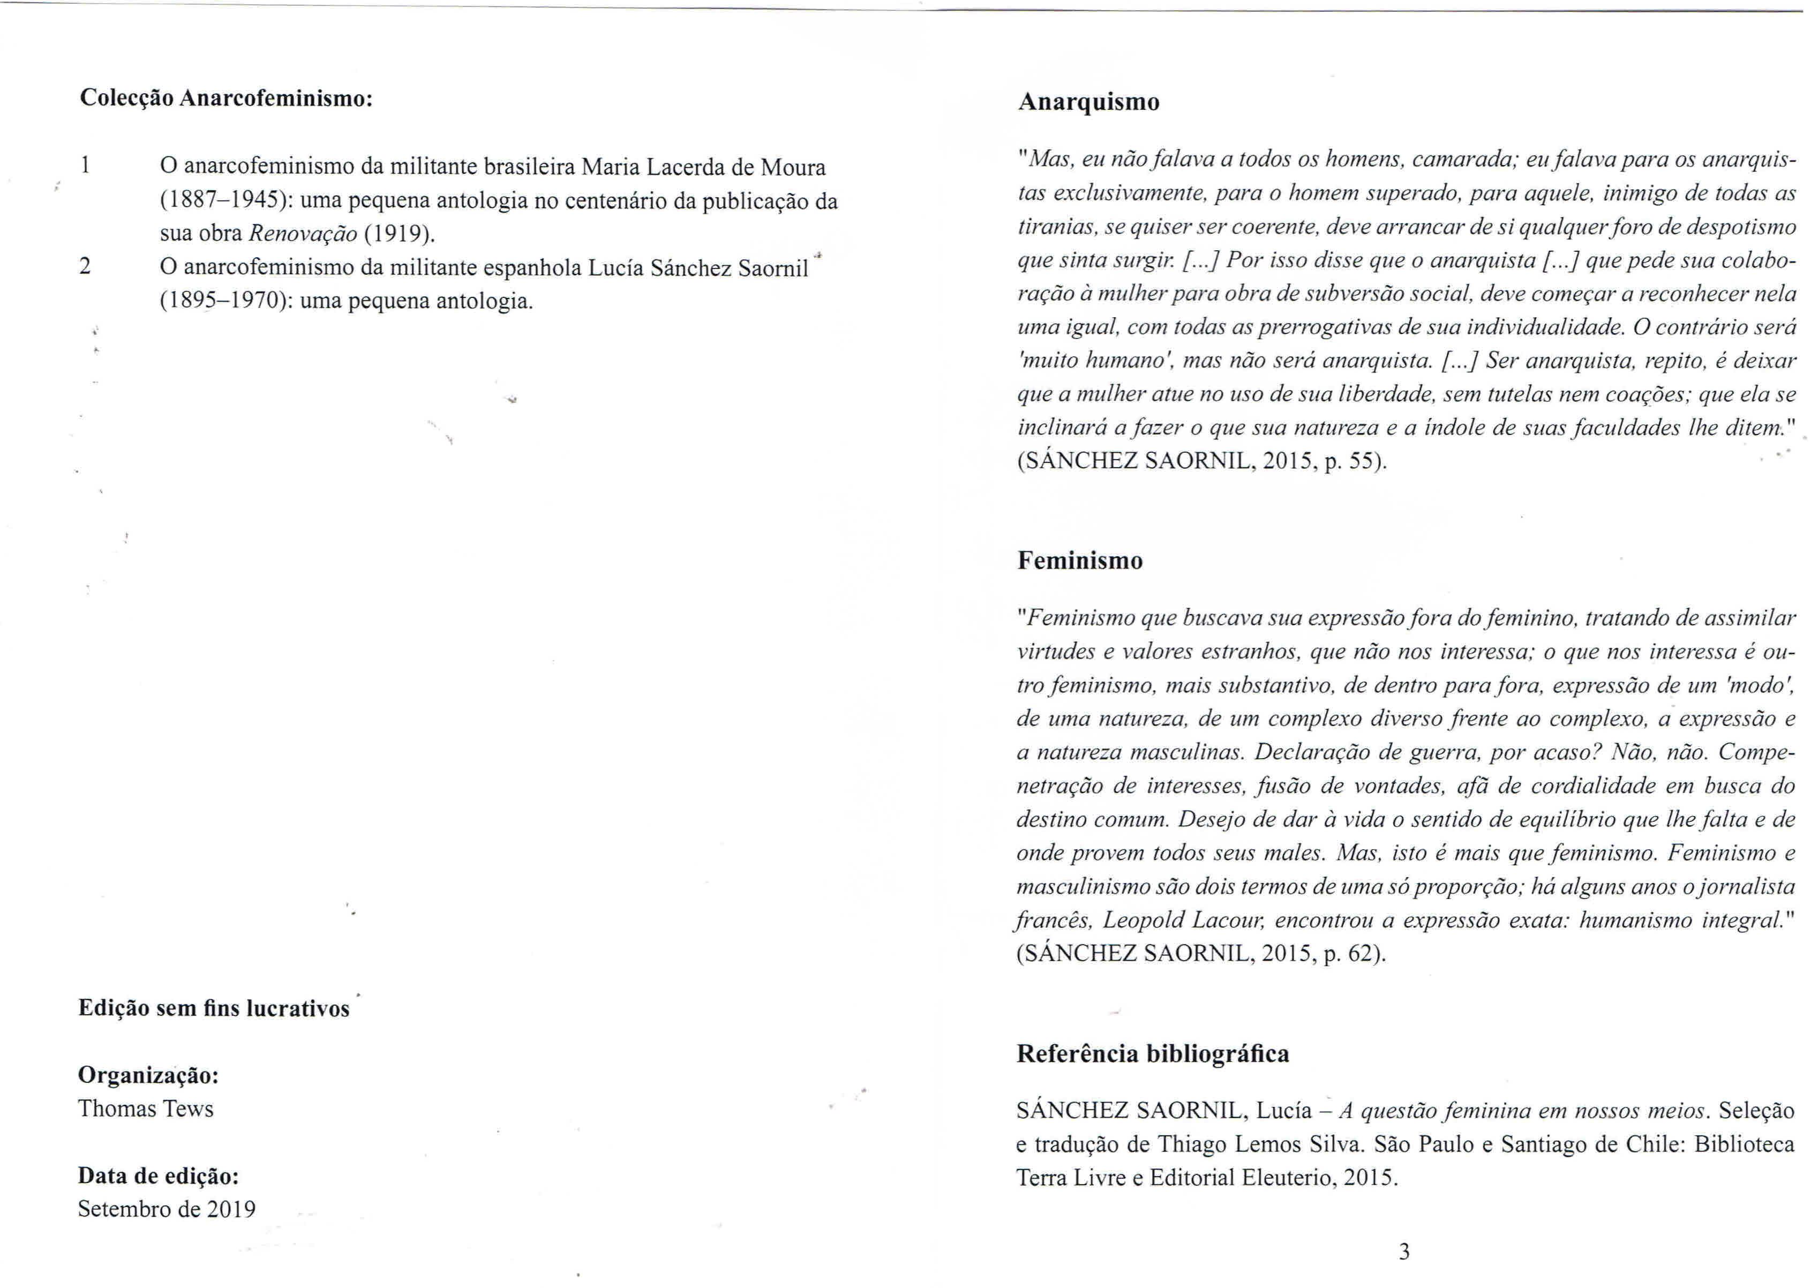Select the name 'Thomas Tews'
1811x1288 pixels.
point(146,1108)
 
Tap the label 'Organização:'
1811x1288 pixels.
point(148,1075)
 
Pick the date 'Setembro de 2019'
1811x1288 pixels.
point(167,1209)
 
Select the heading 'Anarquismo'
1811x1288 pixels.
point(1088,102)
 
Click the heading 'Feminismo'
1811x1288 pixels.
point(1080,561)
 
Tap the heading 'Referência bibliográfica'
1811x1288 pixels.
point(1153,1053)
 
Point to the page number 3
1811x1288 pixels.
point(1404,1252)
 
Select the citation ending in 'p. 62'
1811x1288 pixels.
point(1201,953)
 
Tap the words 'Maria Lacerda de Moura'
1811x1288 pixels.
point(703,167)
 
